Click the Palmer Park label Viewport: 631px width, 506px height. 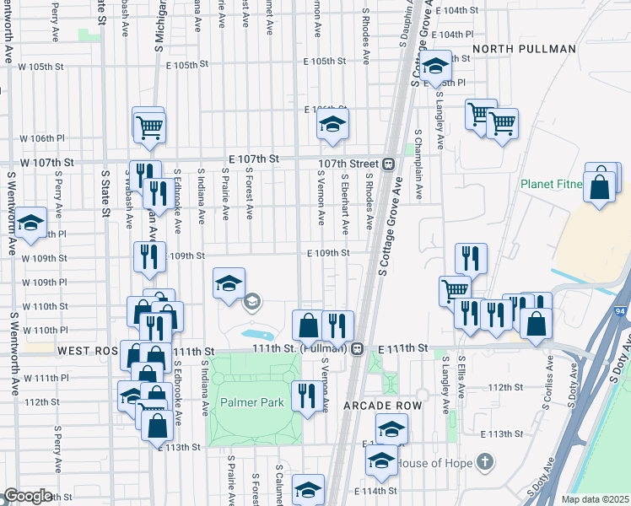[x=252, y=402]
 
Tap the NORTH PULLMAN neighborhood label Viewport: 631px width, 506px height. [x=524, y=49]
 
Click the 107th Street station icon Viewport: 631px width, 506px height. [x=390, y=164]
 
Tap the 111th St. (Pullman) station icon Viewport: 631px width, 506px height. [x=358, y=347]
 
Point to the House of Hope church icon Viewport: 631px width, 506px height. [x=483, y=461]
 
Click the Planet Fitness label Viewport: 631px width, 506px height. [x=552, y=184]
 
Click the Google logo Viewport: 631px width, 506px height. [x=28, y=496]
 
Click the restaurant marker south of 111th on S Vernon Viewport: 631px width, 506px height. [x=305, y=396]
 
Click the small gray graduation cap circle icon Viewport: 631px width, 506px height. [x=251, y=301]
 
